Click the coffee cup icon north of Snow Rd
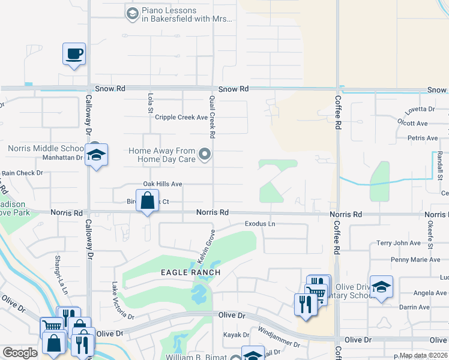(x=74, y=55)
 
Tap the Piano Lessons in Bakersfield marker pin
(x=132, y=12)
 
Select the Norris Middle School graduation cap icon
(x=96, y=156)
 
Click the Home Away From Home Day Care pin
(x=205, y=155)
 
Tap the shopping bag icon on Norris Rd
(x=147, y=200)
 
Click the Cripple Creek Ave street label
(x=181, y=118)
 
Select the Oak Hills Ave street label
(x=162, y=184)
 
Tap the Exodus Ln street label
(x=260, y=224)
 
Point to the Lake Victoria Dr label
(x=123, y=300)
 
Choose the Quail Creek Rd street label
(x=212, y=114)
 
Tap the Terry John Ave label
(x=399, y=243)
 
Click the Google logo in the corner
(x=20, y=353)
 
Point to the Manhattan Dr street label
(x=62, y=158)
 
